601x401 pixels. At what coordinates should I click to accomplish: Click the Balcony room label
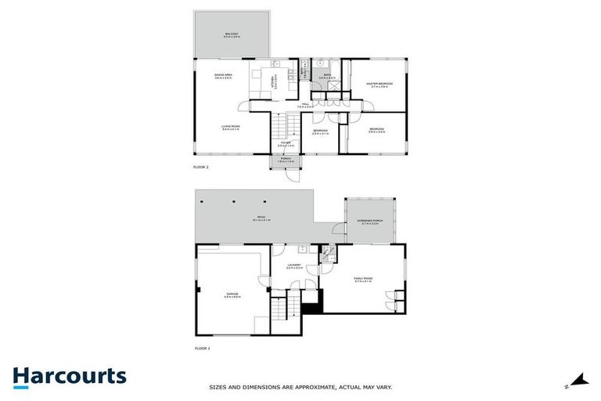tap(232, 34)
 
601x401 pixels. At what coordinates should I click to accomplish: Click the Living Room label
tap(230, 127)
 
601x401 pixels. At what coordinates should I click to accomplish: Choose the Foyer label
tap(286, 143)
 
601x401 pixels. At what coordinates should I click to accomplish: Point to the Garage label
tap(232, 294)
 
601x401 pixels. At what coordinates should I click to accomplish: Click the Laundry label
tap(294, 266)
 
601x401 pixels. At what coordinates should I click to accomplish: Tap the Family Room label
tap(362, 279)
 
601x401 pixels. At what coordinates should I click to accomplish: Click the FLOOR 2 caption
tap(201, 168)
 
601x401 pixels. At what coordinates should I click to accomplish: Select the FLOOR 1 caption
tap(202, 348)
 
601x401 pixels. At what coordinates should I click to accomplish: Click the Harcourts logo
tap(69, 376)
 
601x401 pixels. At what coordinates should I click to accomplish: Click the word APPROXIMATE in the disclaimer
tap(314, 387)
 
